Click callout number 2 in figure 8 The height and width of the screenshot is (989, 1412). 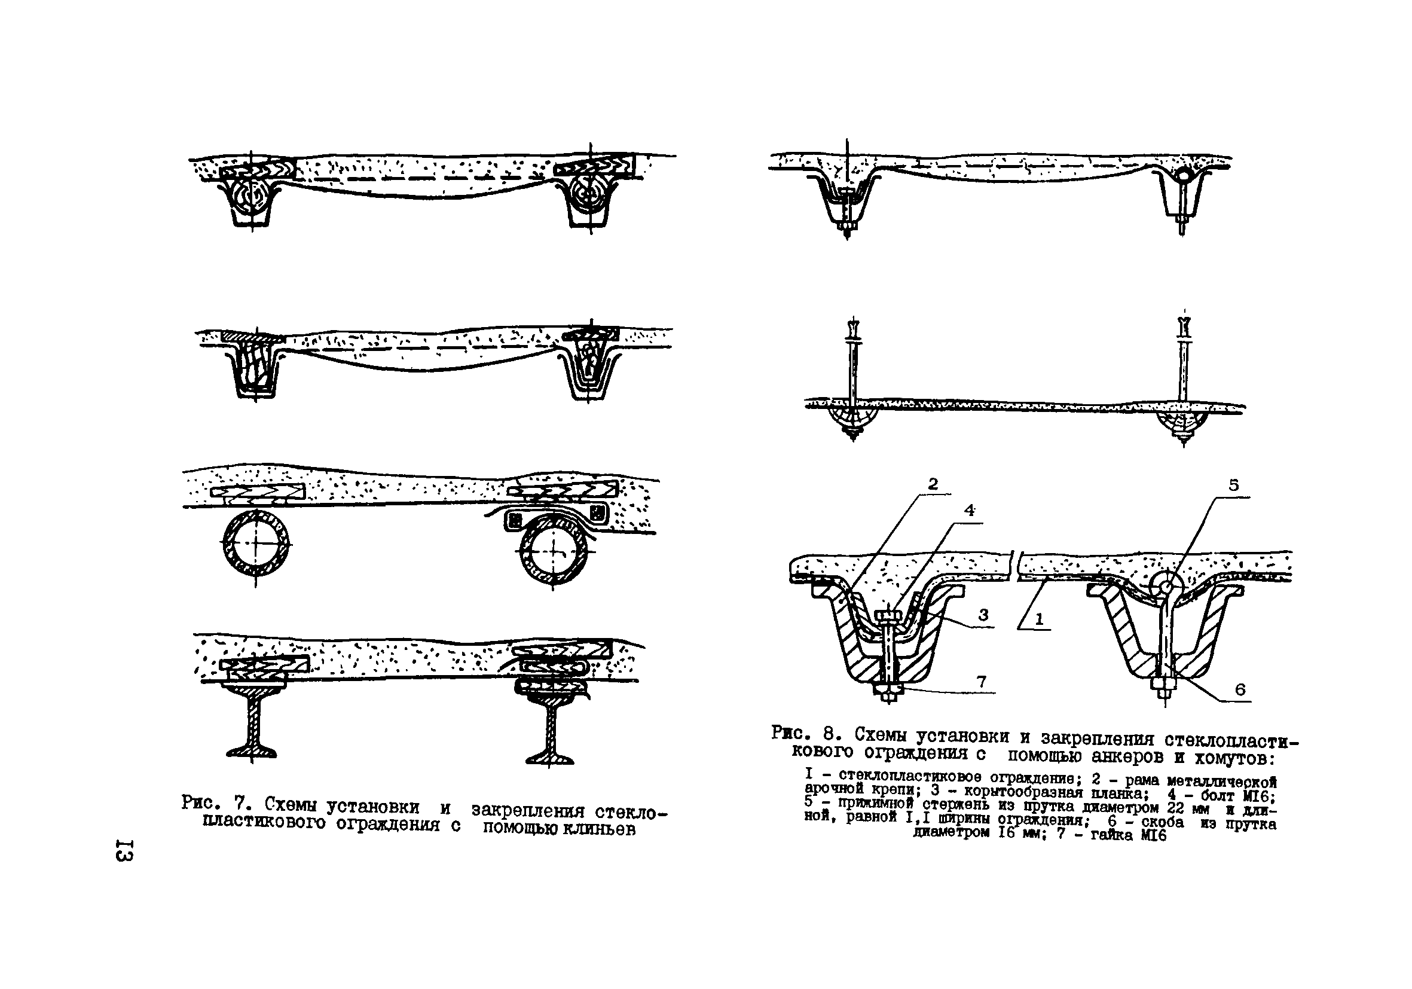point(933,484)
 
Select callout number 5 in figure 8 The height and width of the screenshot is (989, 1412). point(1234,486)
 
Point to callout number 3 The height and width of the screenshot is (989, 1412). point(983,615)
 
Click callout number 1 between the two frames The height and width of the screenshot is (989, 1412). point(1040,620)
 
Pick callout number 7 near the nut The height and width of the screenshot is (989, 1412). point(982,682)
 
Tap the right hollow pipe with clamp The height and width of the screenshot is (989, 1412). point(553,549)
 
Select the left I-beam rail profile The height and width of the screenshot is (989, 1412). point(253,724)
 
